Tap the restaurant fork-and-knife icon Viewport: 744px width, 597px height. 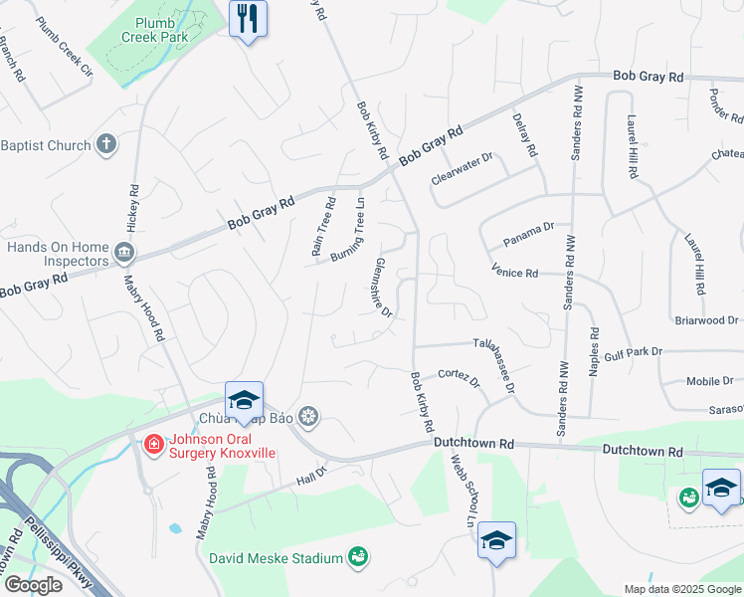tap(248, 17)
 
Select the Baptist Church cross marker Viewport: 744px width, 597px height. tap(107, 145)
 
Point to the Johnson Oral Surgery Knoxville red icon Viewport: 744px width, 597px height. tap(154, 443)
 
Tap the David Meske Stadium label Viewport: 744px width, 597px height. tap(276, 557)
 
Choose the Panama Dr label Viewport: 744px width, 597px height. tap(528, 235)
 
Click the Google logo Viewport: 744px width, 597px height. tap(32, 585)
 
